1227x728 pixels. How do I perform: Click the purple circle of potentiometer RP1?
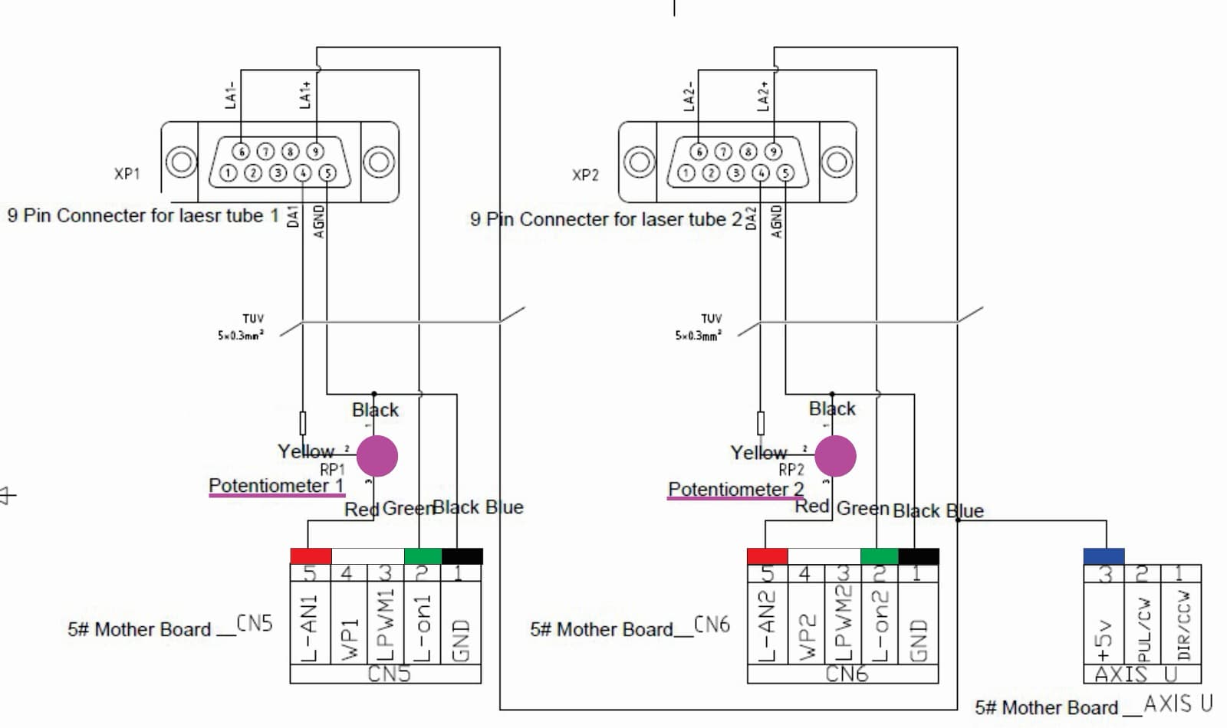(377, 456)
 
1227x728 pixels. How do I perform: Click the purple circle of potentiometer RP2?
(835, 456)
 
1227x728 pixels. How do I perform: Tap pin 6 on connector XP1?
(241, 151)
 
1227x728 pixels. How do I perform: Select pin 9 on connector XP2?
(773, 151)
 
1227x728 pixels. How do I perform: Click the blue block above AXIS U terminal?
(1104, 556)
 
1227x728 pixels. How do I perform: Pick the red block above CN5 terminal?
(311, 556)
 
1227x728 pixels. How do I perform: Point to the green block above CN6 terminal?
(880, 556)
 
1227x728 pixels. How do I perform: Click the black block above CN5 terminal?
(462, 556)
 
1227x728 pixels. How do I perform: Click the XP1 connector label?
(127, 174)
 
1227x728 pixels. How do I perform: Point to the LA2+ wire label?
(763, 97)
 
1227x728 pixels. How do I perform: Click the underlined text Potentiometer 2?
(735, 489)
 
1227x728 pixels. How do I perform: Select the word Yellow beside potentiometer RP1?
(306, 451)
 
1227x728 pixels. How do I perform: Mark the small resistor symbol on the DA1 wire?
(303, 423)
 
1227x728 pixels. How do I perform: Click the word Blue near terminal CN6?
(965, 511)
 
